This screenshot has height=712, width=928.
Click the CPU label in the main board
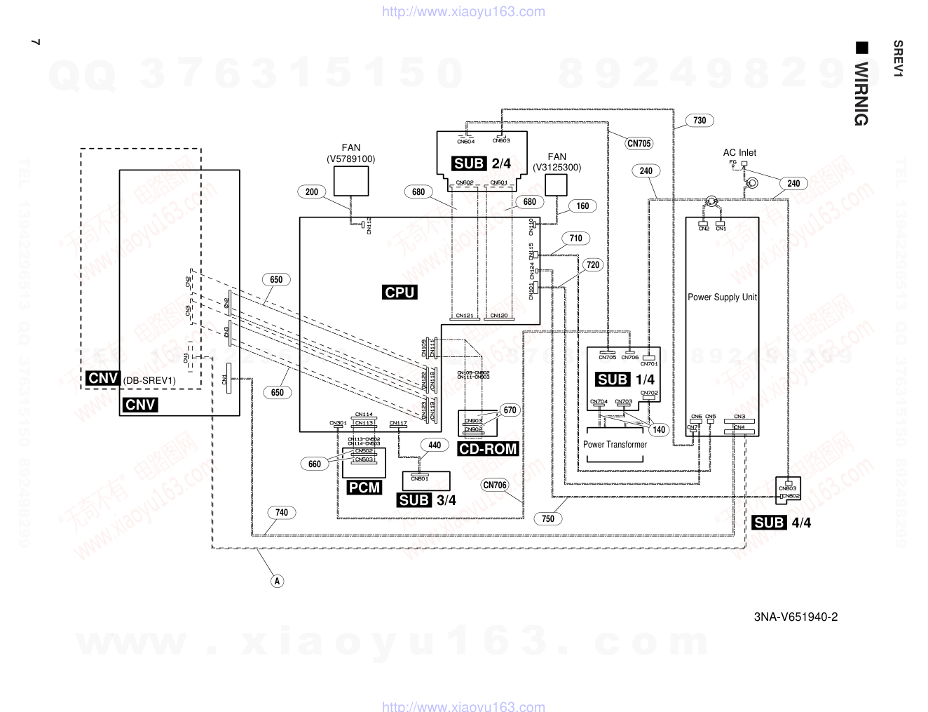point(400,293)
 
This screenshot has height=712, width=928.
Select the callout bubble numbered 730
point(700,121)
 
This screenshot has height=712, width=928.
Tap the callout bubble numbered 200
point(312,192)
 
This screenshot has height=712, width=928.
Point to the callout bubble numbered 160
point(582,206)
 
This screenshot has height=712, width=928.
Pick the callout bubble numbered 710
point(575,239)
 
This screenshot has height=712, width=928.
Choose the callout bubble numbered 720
point(593,265)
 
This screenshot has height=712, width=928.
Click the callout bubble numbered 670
point(510,410)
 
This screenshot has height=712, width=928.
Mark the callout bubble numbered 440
point(435,445)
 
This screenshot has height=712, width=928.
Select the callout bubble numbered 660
point(315,464)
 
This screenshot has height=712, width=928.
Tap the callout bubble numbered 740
point(282,513)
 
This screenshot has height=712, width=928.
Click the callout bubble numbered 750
point(548,519)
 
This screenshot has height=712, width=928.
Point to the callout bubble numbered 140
point(659,430)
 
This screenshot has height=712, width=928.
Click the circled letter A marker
point(278,581)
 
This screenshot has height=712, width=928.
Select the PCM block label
point(364,488)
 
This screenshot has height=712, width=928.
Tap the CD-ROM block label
point(488,449)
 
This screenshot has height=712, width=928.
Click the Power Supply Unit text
point(722,297)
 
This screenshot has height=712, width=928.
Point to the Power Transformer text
point(615,445)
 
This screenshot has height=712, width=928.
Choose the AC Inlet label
point(739,153)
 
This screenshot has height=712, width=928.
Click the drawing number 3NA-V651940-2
point(796,617)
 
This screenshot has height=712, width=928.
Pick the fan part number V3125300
point(557,168)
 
